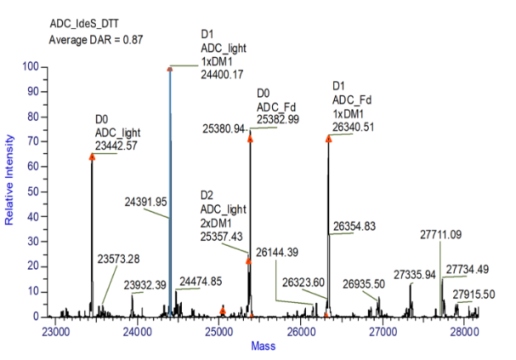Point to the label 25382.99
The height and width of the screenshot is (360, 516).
(278, 119)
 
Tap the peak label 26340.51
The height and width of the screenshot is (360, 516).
(353, 126)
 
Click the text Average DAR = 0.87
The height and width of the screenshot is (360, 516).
(96, 39)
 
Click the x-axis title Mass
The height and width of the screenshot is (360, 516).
(264, 345)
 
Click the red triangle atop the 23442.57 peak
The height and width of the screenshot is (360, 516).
(92, 156)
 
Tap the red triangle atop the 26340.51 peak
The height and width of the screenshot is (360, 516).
(328, 138)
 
